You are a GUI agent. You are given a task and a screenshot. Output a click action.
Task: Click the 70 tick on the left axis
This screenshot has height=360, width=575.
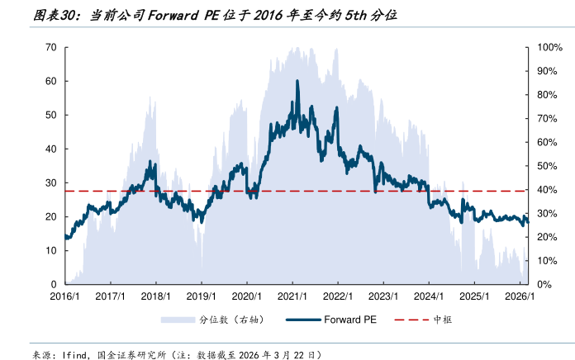50,47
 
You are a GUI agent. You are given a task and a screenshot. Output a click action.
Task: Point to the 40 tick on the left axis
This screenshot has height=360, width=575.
50,149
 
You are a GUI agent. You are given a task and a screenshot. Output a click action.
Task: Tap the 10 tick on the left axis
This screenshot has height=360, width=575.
50,250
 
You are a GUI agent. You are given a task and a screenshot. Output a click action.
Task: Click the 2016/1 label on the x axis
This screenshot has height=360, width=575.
64,296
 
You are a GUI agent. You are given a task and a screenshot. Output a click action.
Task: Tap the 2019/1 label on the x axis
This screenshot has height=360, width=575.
201,296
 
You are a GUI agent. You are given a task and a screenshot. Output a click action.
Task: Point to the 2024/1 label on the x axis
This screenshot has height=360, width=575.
428,296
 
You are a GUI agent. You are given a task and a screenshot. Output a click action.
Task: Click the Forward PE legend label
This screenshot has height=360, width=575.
349,320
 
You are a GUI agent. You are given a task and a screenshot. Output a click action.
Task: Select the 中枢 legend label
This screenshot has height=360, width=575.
443,320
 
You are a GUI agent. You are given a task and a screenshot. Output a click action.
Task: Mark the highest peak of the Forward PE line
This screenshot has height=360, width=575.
297,81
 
